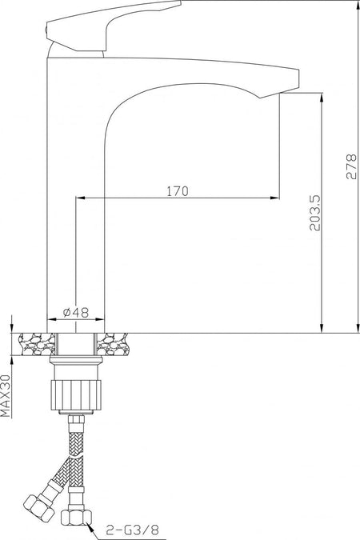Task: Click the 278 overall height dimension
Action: pyautogui.click(x=351, y=166)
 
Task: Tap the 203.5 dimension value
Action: pyautogui.click(x=315, y=213)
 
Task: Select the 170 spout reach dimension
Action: pyautogui.click(x=178, y=191)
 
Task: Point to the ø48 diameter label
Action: pyautogui.click(x=76, y=312)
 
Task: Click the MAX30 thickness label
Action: pyautogui.click(x=6, y=396)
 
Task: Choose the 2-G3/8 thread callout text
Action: pyautogui.click(x=132, y=530)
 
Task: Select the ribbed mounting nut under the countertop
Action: pyautogui.click(x=76, y=395)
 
